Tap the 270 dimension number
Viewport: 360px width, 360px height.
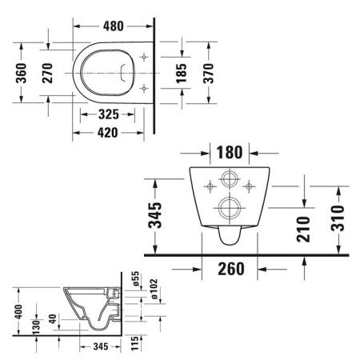[x=50, y=73]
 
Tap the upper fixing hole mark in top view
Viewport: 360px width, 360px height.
[x=143, y=58]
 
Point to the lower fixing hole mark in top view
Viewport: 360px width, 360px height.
[x=143, y=87]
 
